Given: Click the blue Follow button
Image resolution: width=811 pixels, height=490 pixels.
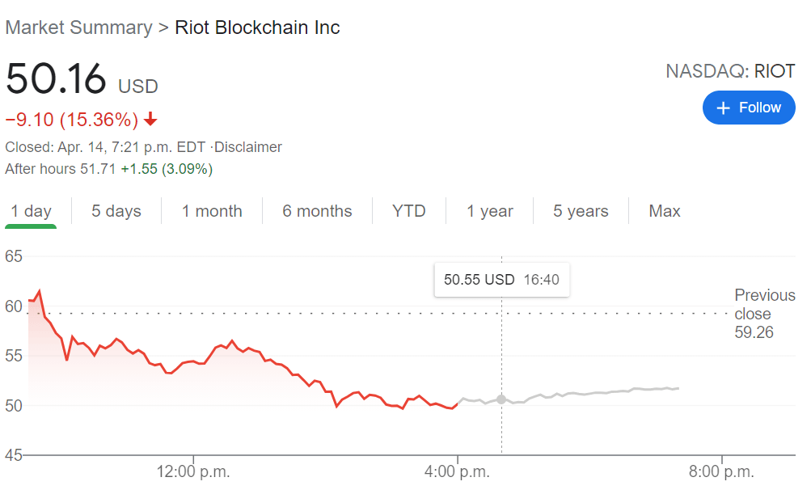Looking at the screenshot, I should (749, 108).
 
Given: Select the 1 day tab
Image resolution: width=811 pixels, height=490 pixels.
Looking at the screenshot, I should (31, 211).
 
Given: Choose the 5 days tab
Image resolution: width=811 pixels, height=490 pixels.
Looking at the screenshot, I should (116, 211).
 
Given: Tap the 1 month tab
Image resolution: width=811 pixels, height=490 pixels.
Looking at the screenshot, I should (212, 211).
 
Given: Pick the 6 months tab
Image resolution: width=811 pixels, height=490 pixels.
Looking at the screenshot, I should (317, 211).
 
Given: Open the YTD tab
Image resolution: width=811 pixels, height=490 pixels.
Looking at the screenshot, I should (409, 211).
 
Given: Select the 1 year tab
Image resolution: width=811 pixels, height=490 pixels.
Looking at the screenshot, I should (490, 211).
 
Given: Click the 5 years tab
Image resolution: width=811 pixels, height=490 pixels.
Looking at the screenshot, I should (581, 211).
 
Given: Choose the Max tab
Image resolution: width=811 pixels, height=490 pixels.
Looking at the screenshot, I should (665, 211).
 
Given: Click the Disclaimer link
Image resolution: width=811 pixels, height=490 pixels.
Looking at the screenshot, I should (248, 147).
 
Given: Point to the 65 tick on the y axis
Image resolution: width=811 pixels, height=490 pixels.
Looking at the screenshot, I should (14, 256).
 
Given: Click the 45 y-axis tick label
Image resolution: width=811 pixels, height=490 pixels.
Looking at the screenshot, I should (14, 455).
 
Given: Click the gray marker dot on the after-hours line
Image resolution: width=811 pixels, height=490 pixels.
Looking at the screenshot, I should (501, 399).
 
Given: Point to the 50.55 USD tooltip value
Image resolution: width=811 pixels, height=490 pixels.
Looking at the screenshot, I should (479, 280).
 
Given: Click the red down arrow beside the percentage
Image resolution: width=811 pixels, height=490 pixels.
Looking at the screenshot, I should (150, 120).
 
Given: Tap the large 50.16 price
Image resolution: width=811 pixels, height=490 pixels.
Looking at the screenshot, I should (56, 79).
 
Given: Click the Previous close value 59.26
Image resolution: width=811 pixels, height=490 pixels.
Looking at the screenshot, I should (754, 332).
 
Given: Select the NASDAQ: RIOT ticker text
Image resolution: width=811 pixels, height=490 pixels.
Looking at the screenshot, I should (730, 71).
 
